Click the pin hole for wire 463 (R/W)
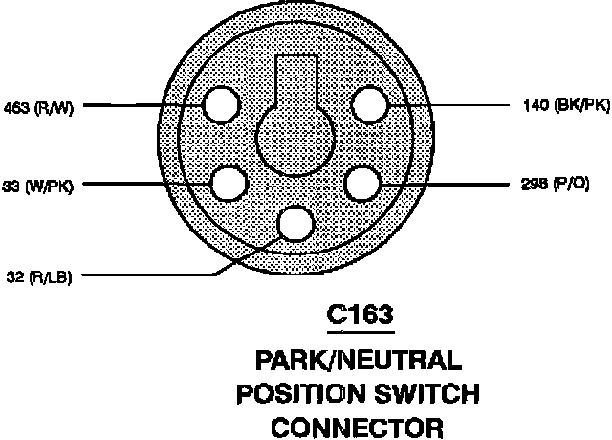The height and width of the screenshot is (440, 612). (221, 104)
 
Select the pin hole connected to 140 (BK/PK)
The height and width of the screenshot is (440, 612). (372, 104)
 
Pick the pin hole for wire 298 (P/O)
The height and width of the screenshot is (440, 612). (363, 183)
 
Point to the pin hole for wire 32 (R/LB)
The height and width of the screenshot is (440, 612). (295, 223)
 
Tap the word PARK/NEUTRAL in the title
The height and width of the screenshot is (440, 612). (360, 362)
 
